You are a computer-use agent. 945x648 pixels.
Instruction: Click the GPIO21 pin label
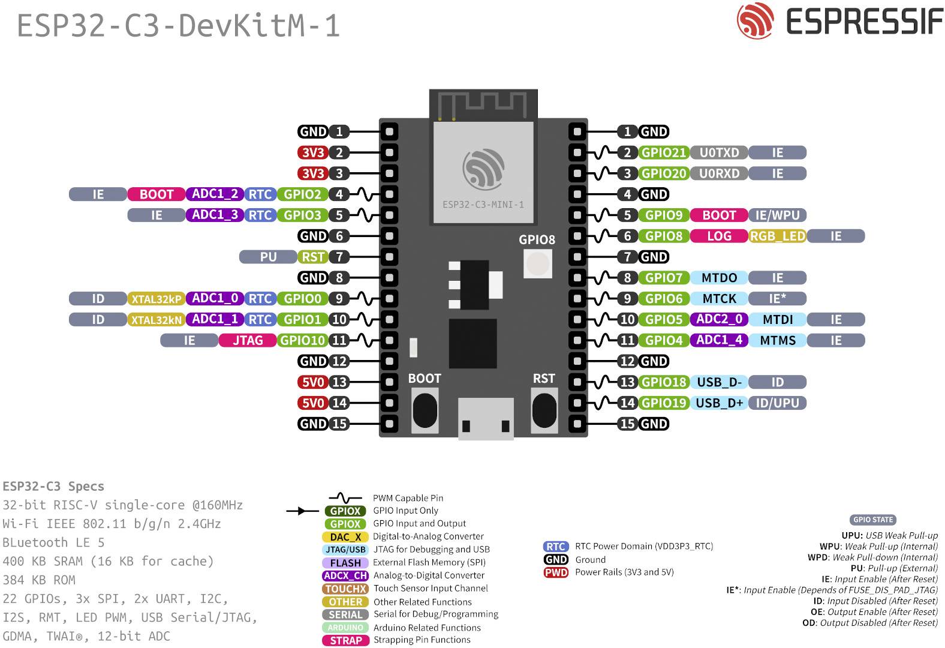coord(663,152)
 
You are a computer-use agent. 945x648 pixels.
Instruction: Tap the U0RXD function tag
coord(719,173)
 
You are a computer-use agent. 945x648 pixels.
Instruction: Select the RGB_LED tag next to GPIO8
coord(777,236)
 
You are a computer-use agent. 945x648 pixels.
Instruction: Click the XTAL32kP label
coord(156,299)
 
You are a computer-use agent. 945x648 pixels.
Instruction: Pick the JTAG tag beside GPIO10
coord(248,340)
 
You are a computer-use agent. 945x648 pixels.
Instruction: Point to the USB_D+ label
coord(719,403)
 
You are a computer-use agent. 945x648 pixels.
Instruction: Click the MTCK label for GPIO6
coord(719,298)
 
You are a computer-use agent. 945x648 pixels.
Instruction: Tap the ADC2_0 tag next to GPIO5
coord(719,319)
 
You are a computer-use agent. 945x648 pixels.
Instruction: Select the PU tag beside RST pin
coord(268,257)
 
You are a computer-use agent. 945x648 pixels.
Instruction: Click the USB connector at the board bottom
coord(486,418)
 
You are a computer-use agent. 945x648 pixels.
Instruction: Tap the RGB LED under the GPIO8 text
coord(538,263)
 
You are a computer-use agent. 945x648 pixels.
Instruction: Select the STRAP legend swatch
coord(345,640)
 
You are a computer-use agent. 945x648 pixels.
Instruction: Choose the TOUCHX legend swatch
coord(345,589)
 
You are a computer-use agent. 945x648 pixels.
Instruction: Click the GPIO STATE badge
coord(872,520)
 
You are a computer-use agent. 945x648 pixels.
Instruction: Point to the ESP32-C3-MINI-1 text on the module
coord(483,205)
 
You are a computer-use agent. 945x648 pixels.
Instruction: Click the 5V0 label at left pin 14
coord(312,403)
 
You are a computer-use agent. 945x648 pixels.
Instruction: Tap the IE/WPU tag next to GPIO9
coord(777,215)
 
